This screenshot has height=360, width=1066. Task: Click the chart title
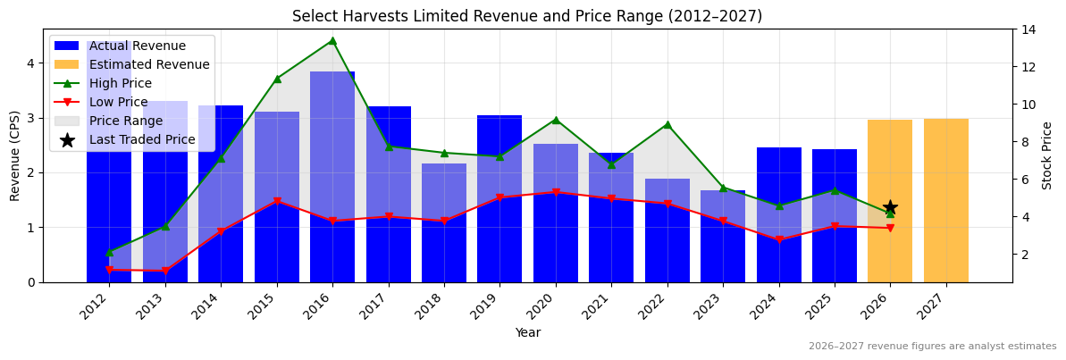pos(527,16)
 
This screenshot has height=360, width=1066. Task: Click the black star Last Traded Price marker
pos(890,207)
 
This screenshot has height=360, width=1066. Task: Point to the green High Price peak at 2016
pos(332,40)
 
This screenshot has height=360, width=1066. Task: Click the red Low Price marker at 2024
pos(778,240)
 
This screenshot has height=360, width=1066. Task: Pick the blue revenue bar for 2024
pos(778,214)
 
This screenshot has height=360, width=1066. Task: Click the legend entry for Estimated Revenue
pos(132,64)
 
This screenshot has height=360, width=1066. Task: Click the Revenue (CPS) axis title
pos(14,155)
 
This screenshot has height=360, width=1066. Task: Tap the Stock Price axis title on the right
pos(1047,155)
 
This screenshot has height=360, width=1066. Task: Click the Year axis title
pos(527,332)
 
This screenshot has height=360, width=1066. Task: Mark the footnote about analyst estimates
pos(932,347)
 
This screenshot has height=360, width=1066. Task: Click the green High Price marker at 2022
pos(667,124)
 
